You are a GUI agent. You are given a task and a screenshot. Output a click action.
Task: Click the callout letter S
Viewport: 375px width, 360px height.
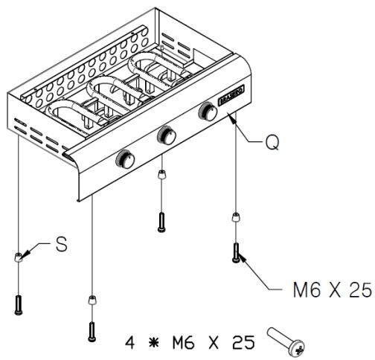point(62,245)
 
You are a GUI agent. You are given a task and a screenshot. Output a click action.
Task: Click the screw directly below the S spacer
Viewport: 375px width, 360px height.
point(19,303)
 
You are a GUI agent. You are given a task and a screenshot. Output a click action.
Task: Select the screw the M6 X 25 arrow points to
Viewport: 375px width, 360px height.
point(237,251)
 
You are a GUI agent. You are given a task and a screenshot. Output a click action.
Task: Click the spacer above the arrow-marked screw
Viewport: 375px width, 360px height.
point(237,218)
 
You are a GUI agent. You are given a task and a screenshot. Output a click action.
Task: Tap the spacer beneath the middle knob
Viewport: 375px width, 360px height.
point(161,176)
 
